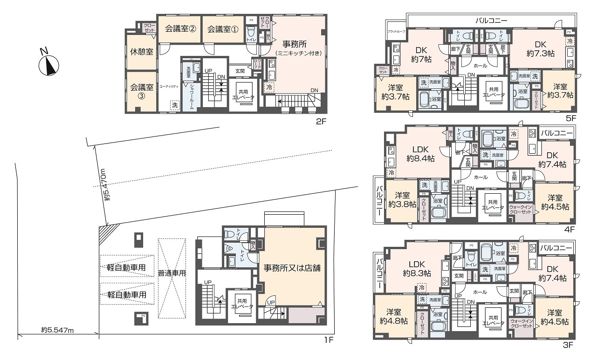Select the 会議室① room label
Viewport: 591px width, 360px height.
click(222, 29)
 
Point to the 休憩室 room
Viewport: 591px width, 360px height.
click(142, 52)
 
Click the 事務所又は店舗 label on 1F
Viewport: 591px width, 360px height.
click(292, 268)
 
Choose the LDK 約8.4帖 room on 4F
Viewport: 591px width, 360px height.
click(420, 153)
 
